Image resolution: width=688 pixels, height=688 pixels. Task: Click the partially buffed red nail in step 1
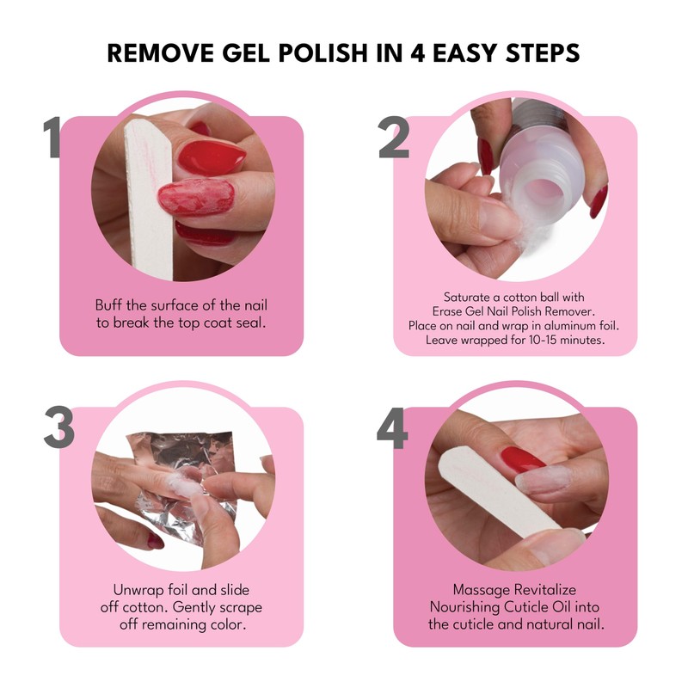click(x=194, y=198)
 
